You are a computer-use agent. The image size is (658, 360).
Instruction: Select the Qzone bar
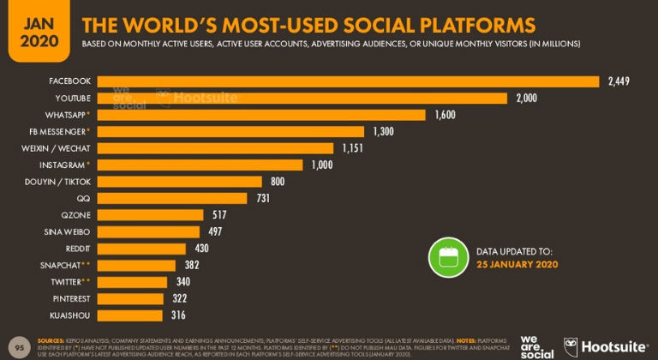point(150,215)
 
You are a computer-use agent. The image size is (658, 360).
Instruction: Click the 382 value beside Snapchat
point(192,265)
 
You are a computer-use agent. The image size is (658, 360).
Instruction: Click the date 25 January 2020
point(517,264)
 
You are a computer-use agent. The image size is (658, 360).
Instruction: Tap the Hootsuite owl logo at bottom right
point(571,346)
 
